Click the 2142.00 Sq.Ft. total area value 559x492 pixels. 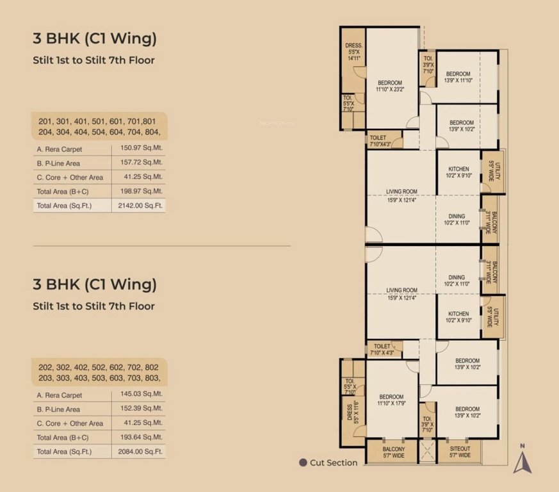(x=138, y=206)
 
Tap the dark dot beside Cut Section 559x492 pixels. (x=303, y=463)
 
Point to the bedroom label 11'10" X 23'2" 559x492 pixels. (x=389, y=86)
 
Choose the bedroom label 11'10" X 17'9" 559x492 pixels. (x=390, y=400)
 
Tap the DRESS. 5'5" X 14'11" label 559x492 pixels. (x=354, y=51)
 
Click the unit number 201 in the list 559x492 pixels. (x=45, y=122)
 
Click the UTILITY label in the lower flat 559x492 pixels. (x=492, y=316)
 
